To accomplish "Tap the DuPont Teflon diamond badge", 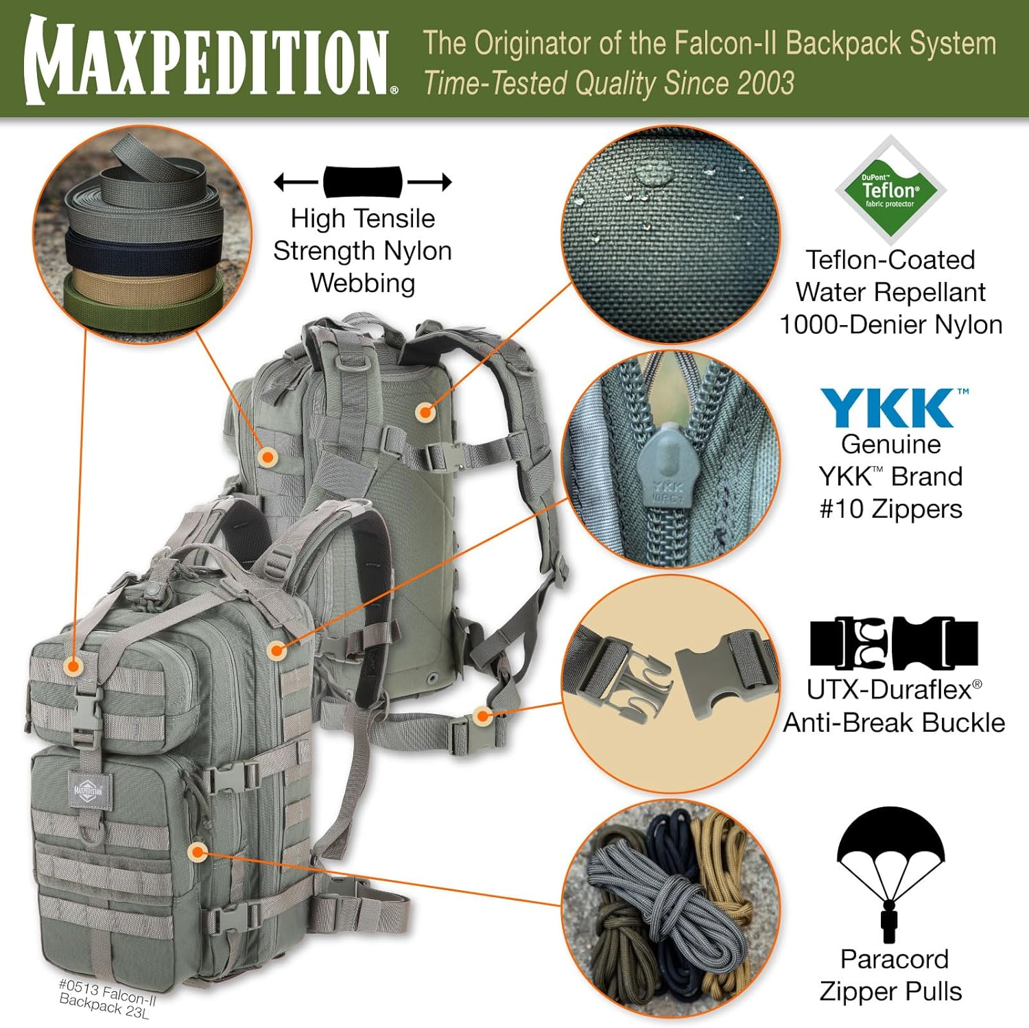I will [x=890, y=190].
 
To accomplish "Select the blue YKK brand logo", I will [x=890, y=408].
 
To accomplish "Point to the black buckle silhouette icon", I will [x=893, y=643].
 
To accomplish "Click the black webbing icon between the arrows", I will [x=362, y=182].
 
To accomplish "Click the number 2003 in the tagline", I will [x=766, y=84].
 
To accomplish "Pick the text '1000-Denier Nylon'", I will [x=890, y=324].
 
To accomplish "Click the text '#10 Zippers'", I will [x=890, y=509].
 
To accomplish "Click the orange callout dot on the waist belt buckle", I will [x=483, y=717].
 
